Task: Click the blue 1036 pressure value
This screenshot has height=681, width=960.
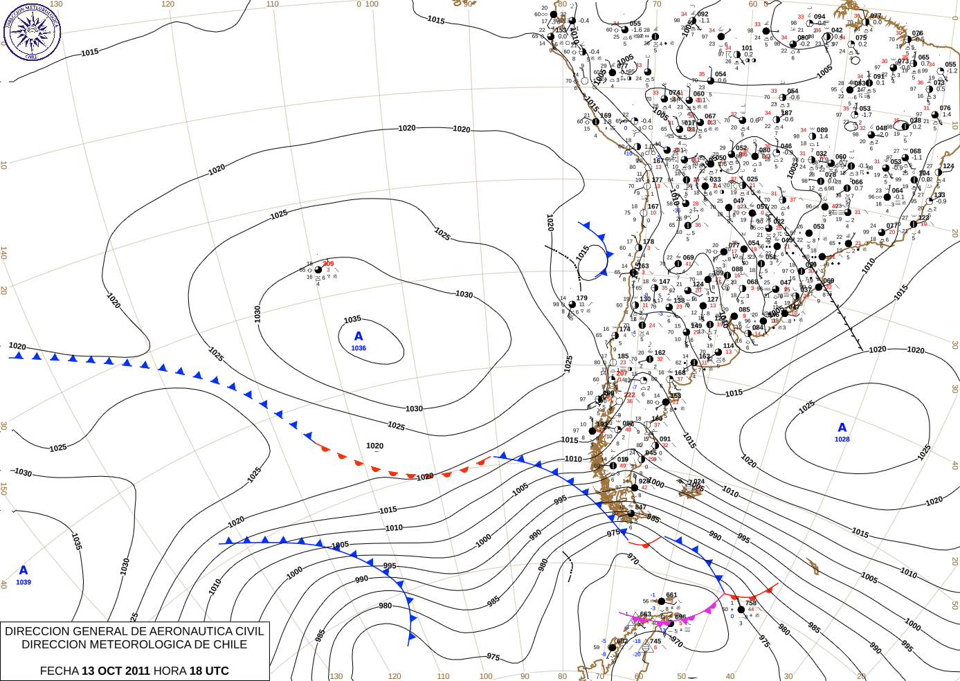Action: tap(359, 348)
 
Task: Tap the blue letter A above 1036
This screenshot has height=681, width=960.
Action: tap(359, 336)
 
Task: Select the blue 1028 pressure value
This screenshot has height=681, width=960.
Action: tap(842, 439)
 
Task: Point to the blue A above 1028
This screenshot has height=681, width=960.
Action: tap(842, 428)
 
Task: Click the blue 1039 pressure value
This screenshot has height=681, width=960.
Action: tap(24, 582)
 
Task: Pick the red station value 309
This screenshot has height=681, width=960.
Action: tap(328, 264)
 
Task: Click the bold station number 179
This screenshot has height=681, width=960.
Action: tap(581, 298)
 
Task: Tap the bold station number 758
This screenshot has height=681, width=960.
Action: tap(751, 603)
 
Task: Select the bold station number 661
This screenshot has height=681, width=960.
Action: tap(671, 595)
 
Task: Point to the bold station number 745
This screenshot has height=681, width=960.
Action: tap(655, 641)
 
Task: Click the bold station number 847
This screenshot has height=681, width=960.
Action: tap(641, 507)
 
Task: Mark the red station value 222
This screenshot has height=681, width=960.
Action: tap(629, 395)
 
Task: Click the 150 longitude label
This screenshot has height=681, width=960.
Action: tap(3, 489)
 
